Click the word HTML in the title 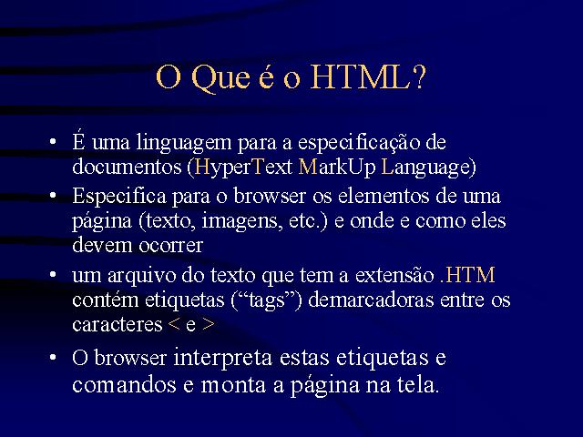368,78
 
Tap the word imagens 237,221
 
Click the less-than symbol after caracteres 174,325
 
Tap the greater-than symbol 209,325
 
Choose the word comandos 124,384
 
